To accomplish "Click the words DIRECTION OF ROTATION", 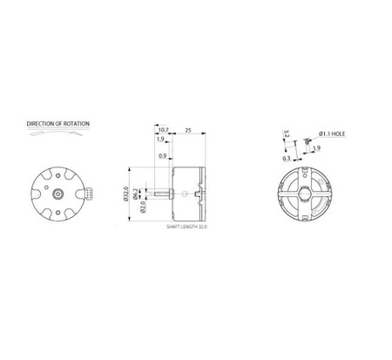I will [57, 124].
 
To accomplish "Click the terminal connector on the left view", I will [85, 191].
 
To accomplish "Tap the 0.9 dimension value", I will [164, 155].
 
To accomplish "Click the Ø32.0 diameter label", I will [128, 193].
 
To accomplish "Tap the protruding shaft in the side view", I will [162, 192].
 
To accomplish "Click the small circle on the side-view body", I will [180, 192].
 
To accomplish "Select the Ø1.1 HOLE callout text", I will [333, 132].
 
